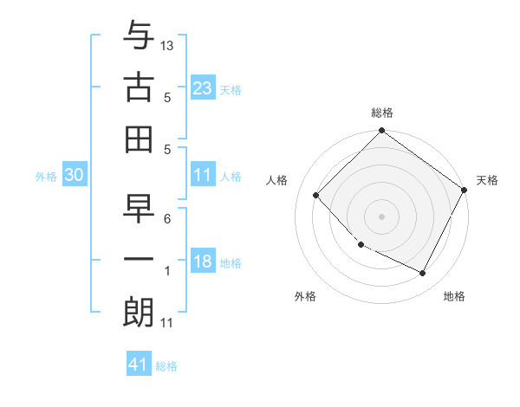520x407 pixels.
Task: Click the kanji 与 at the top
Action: (139, 38)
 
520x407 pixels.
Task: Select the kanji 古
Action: (139, 87)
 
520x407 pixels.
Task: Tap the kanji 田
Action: (139, 138)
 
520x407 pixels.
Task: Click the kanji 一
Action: (139, 261)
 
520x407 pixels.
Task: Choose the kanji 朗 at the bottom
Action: (139, 311)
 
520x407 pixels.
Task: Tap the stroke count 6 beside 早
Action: (167, 220)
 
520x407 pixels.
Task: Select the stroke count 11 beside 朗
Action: (167, 324)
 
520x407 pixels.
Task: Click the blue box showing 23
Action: (203, 88)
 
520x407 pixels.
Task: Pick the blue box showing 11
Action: (203, 175)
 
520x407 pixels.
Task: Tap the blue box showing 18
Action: (203, 262)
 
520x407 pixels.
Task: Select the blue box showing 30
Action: (74, 175)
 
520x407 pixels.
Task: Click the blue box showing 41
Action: (139, 365)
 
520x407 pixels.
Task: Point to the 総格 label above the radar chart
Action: (382, 113)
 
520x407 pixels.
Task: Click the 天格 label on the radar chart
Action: (488, 180)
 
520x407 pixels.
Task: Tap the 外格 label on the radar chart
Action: (305, 296)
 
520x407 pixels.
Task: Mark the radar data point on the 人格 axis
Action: (316, 196)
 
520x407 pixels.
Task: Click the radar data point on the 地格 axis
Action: (423, 274)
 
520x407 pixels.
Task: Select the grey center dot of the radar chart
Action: (381, 216)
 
